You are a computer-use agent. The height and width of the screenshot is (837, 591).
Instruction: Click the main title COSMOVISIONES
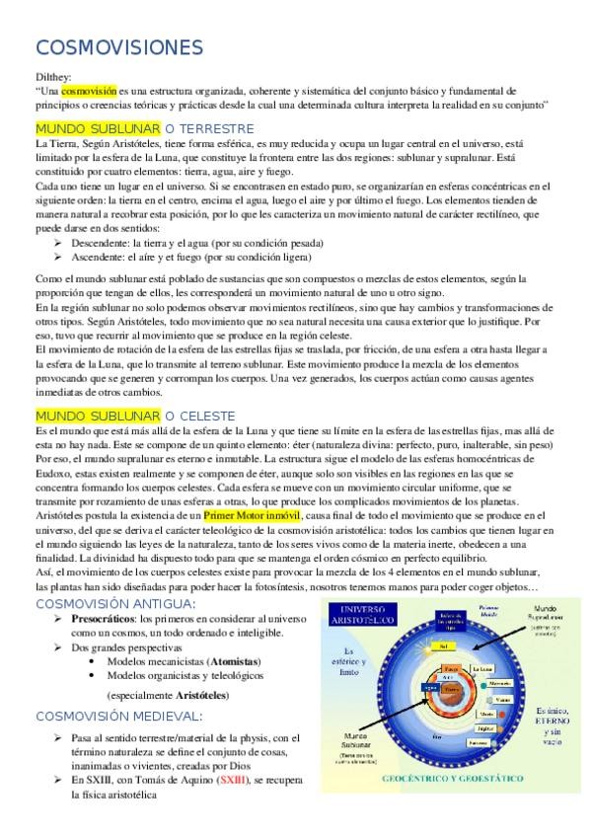point(119,47)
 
